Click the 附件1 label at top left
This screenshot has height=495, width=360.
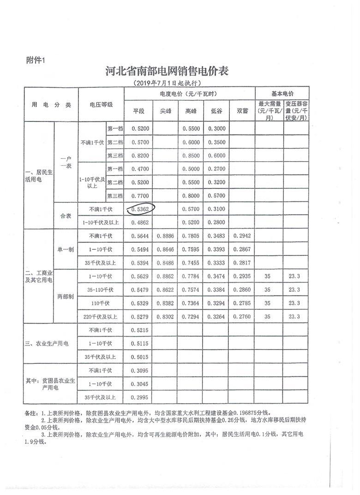(x=36, y=59)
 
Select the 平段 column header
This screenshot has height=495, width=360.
(x=139, y=111)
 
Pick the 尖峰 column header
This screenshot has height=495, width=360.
(x=165, y=111)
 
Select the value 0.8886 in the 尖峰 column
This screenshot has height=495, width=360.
(x=165, y=236)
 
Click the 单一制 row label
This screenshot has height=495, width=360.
(x=66, y=249)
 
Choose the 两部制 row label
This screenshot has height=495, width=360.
(x=66, y=296)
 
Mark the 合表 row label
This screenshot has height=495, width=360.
(x=66, y=216)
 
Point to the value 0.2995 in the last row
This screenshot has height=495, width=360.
(x=139, y=397)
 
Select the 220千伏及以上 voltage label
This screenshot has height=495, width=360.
(x=101, y=316)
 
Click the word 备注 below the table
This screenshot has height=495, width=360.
(x=31, y=413)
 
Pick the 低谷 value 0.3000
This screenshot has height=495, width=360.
(x=217, y=129)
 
